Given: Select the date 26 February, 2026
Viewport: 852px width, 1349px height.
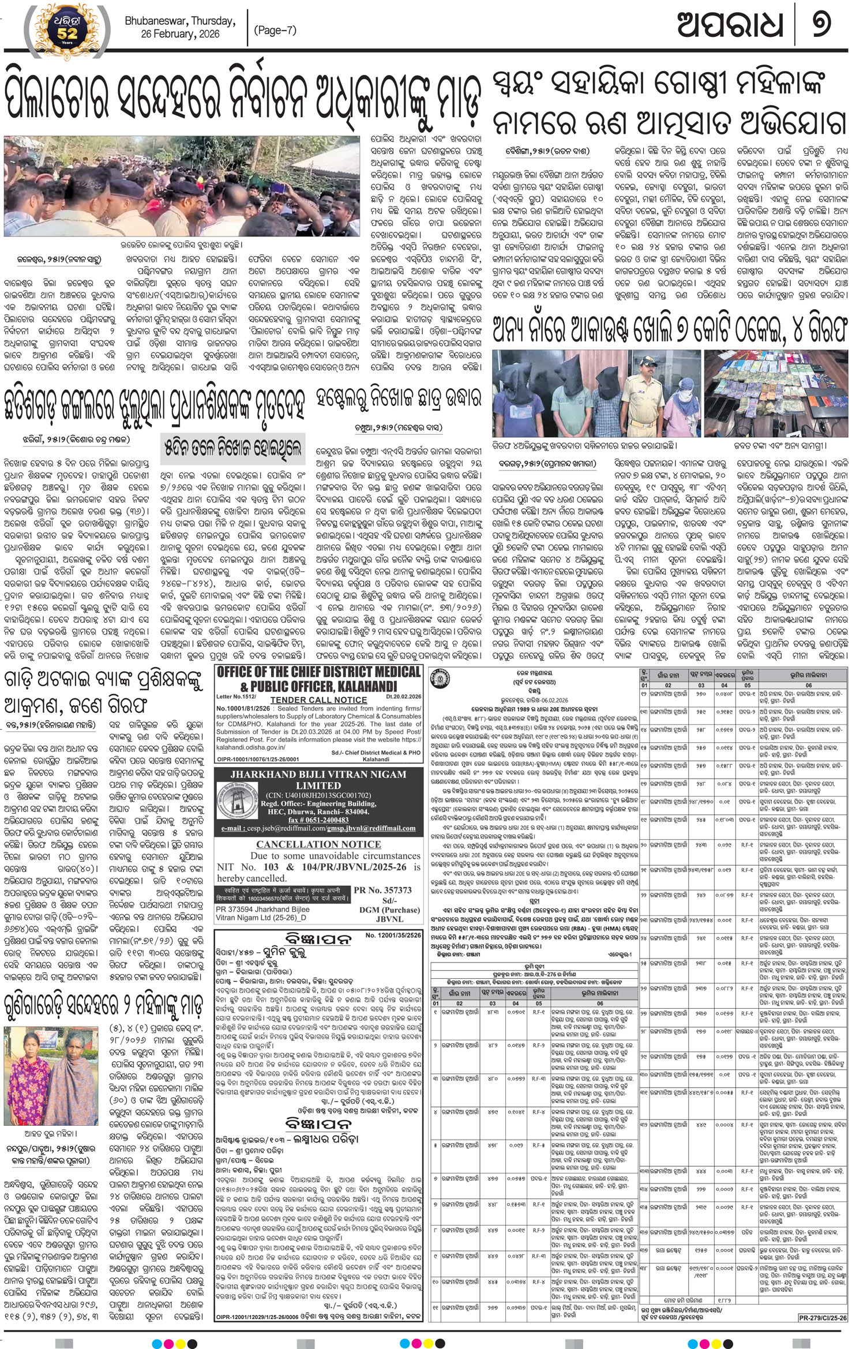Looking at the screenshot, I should click(180, 34).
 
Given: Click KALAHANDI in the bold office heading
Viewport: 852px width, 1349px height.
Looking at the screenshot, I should click(367, 686).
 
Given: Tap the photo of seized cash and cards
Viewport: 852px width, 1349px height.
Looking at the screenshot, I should click(775, 394).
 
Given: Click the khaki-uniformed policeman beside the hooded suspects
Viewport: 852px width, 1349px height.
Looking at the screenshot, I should click(640, 392).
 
